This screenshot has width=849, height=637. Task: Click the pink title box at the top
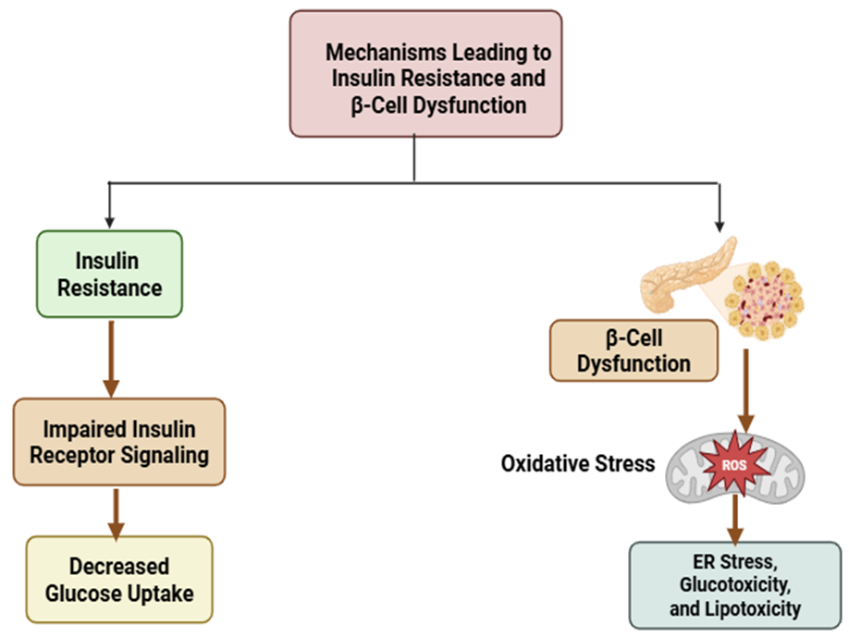[425, 74]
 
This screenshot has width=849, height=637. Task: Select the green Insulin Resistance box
[109, 274]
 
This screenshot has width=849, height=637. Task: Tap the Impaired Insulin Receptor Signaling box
[119, 442]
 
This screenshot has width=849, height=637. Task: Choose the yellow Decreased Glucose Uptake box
[119, 579]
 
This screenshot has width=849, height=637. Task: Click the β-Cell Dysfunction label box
[634, 350]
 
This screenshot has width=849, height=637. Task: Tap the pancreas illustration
[683, 274]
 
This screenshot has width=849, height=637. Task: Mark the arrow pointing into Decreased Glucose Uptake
[116, 513]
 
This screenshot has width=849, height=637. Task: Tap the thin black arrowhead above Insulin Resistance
[110, 222]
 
